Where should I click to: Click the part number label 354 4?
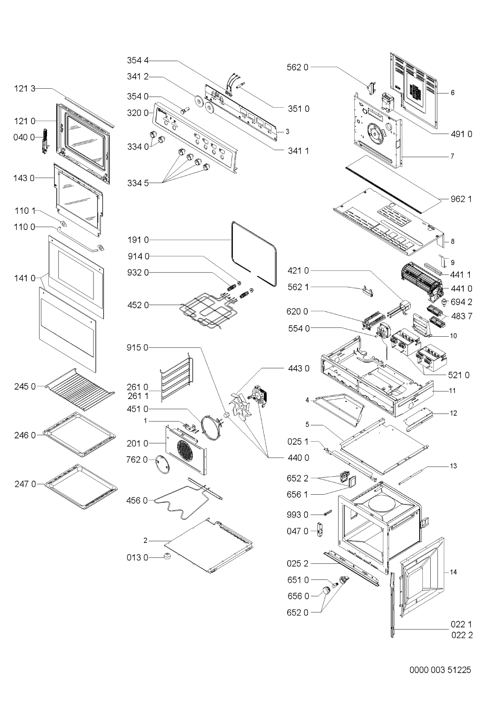tap(137, 60)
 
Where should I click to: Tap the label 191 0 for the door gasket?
tap(138, 240)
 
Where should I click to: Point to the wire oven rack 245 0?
tap(79, 389)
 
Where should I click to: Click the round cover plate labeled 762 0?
tap(162, 464)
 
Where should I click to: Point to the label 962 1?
tap(461, 199)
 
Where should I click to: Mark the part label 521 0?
tap(459, 375)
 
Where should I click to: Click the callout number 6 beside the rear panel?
tap(453, 93)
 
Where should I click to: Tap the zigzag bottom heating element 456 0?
tap(187, 498)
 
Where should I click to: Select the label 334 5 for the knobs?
tap(138, 183)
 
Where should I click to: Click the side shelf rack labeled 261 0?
tap(176, 378)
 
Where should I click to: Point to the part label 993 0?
tap(297, 515)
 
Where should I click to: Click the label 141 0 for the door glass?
tap(25, 278)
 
